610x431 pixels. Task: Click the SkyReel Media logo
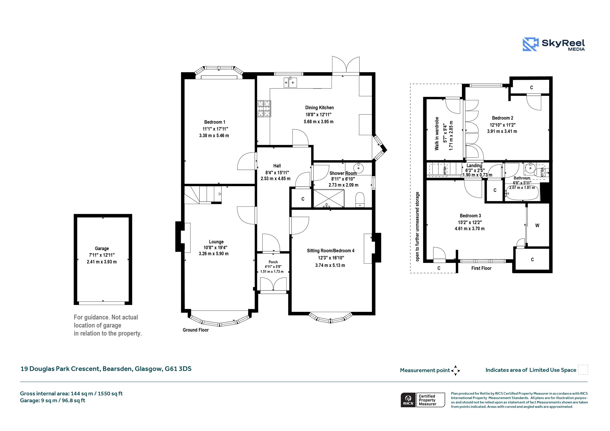pos(554,44)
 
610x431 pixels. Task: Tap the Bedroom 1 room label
pos(214,122)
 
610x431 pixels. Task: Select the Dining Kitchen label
pos(319,108)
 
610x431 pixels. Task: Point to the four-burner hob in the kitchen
pos(264,108)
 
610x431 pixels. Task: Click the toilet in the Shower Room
pos(360,200)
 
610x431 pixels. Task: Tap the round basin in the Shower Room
pos(359,168)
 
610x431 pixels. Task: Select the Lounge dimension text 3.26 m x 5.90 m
pos(214,254)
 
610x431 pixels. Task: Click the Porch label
pos(273,262)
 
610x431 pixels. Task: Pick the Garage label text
pos(102,248)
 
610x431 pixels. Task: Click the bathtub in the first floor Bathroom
pos(522,193)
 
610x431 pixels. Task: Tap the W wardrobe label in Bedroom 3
pos(537,225)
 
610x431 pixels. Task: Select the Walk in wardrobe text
pos(437,133)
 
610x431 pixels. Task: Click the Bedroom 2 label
pos(502,118)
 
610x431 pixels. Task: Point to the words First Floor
pos(481,268)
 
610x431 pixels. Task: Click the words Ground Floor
pos(196,330)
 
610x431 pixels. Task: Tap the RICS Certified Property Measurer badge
pos(423,400)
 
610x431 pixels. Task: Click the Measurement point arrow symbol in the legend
pos(455,371)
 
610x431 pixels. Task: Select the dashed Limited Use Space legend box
pos(583,370)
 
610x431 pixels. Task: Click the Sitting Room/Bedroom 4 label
pos(331,251)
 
